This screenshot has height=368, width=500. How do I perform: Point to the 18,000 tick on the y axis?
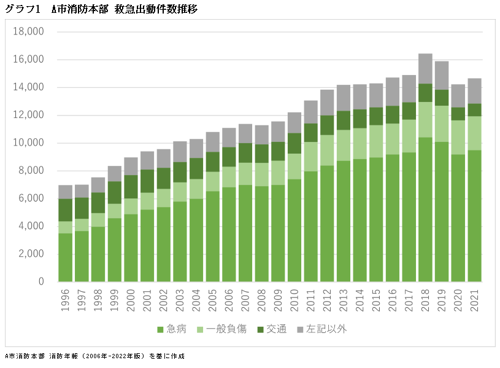point(28,32)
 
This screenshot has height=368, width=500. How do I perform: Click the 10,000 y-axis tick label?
point(28,143)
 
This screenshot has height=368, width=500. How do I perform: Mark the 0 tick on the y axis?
point(40,282)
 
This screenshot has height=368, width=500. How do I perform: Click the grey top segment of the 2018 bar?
point(426,68)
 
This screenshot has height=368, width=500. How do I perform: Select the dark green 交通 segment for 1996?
point(66,210)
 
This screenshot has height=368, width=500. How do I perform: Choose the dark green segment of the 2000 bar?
point(131,187)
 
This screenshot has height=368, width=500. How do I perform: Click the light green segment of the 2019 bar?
point(442,123)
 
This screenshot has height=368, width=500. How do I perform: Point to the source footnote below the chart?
point(94,356)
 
